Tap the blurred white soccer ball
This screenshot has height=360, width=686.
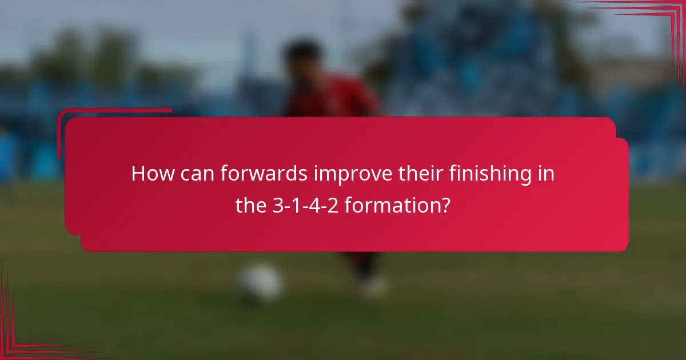tap(260, 282)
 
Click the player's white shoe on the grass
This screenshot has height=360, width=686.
tap(374, 286)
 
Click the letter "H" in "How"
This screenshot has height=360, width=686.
tap(137, 174)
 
